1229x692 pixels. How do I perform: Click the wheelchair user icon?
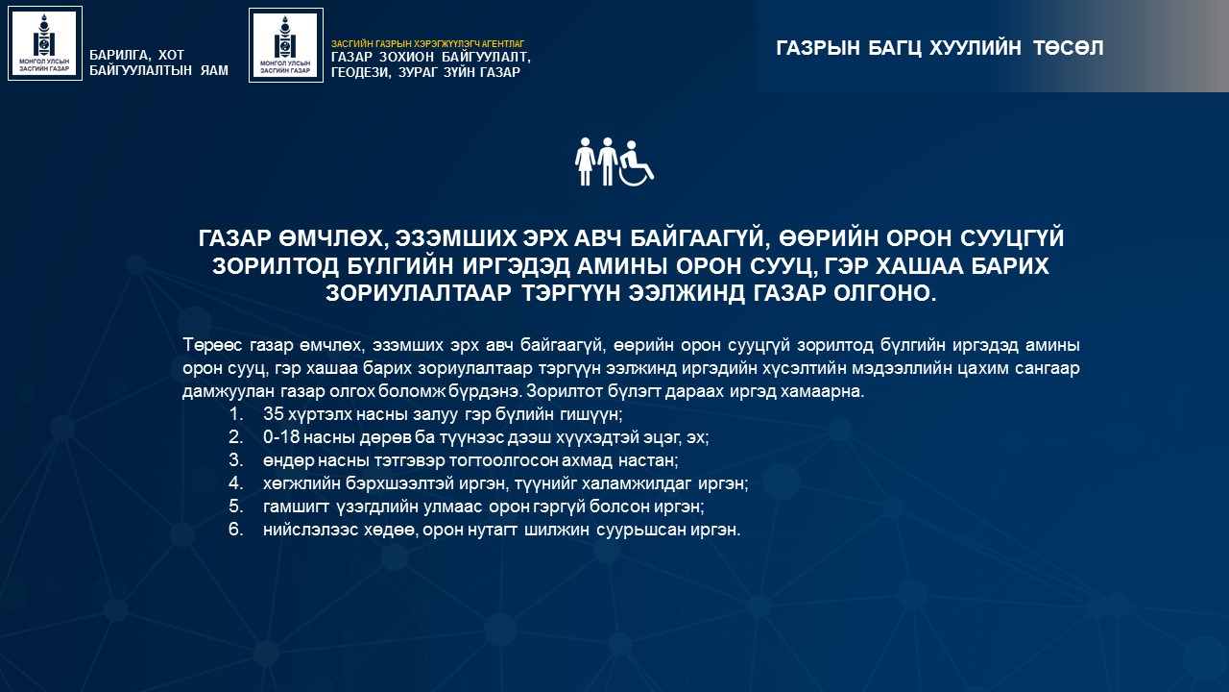point(637,164)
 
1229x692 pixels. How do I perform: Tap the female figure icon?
point(585,161)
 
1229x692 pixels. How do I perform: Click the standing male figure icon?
point(607,161)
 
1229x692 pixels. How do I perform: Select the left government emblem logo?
point(45,43)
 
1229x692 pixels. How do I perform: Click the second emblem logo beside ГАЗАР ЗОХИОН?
point(286,45)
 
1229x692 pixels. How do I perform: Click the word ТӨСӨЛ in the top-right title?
point(1069,48)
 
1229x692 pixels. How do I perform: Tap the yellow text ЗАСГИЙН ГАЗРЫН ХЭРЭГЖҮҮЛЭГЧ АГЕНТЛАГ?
point(428,44)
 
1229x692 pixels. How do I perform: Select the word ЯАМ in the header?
point(214,70)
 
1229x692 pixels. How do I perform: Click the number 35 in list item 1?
point(274,413)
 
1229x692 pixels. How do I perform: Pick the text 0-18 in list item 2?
point(280,437)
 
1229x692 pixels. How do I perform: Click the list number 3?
point(235,460)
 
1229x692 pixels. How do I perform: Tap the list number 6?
point(235,530)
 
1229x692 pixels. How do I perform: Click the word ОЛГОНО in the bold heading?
point(885,293)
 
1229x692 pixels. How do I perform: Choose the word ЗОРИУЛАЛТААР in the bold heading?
point(418,293)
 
